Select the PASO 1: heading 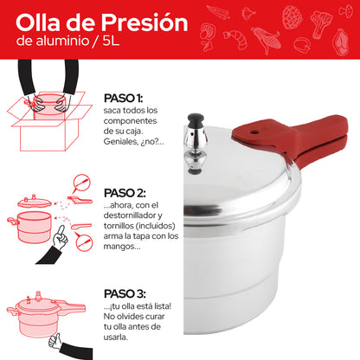click(123, 98)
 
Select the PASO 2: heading click(125, 192)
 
